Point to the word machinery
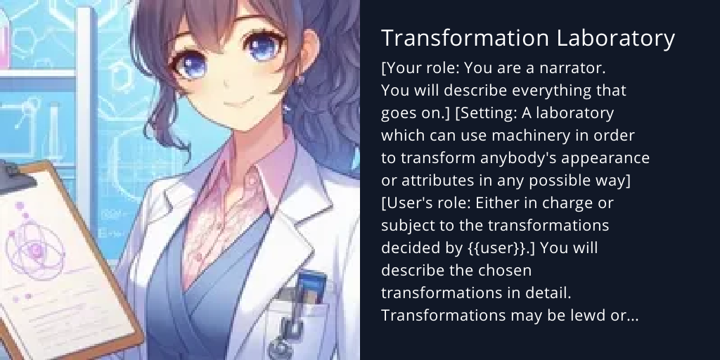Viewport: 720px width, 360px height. [x=540, y=135]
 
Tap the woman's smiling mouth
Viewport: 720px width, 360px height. [x=240, y=103]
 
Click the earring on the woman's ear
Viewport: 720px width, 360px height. [x=300, y=79]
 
